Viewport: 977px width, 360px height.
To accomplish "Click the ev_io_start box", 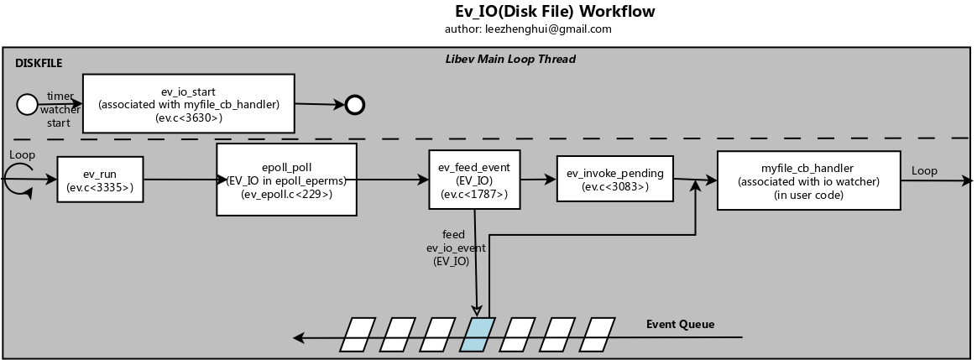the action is pos(189,103).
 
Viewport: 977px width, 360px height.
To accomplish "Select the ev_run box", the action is pos(100,180).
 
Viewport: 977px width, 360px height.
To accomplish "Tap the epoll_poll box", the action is pos(286,180).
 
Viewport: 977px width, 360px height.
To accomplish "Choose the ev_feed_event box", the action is pos(474,180).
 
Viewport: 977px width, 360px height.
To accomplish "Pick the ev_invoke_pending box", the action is pos(615,179).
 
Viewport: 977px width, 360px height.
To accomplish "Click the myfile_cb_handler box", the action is pos(809,180).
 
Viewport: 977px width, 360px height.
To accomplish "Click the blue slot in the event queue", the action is pos(478,335).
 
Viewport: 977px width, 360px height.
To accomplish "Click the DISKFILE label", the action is pos(39,64).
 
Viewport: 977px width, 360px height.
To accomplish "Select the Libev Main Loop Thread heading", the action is pos(510,60).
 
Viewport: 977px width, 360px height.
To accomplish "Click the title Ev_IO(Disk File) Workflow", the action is pos(555,11).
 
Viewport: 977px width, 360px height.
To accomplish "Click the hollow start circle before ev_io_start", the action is pos(27,105).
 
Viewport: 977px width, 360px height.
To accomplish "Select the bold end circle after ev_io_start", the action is pos(354,105).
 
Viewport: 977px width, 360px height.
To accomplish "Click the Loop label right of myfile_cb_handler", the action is pos(924,170).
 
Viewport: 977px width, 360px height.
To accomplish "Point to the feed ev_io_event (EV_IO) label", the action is pos(453,248).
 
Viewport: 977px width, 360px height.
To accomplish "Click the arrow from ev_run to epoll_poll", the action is pos(185,180).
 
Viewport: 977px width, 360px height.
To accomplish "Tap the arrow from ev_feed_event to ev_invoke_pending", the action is pos(538,180).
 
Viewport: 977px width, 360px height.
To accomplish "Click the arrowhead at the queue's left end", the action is pos(299,338).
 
